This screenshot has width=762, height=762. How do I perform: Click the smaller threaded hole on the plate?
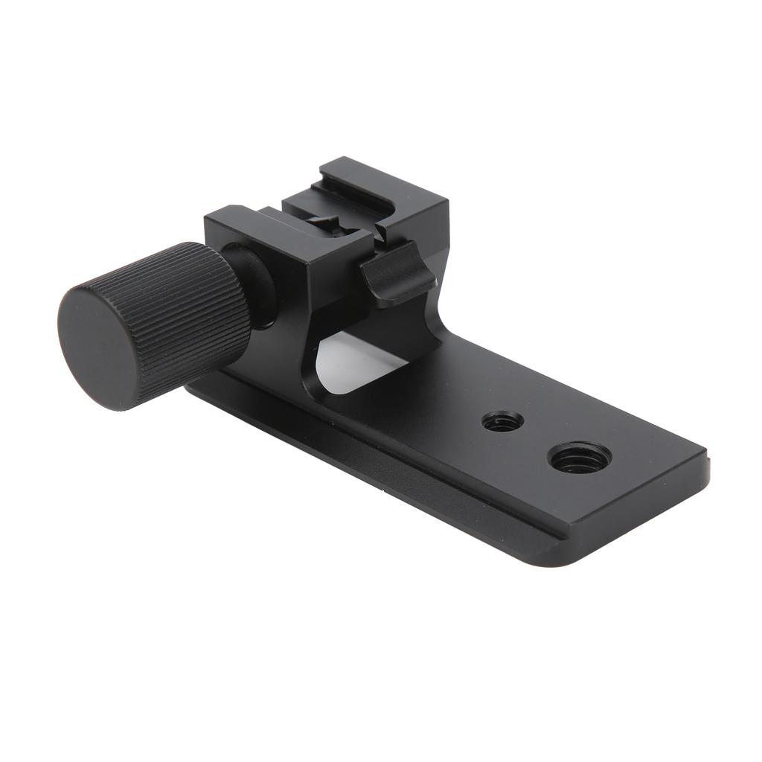click(502, 421)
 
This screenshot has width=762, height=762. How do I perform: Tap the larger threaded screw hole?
click(580, 458)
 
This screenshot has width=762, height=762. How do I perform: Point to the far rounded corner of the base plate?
click(699, 451)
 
